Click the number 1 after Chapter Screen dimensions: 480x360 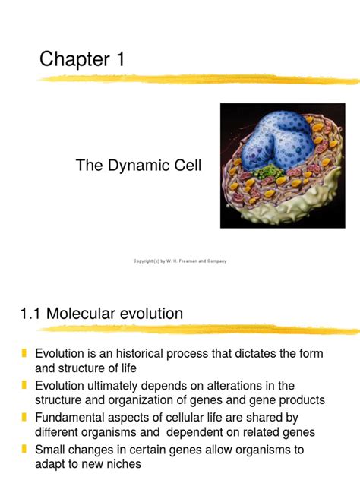119,59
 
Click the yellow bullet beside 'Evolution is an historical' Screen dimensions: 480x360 24,354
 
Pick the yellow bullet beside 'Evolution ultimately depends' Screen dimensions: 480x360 24,386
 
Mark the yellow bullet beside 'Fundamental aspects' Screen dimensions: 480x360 24,418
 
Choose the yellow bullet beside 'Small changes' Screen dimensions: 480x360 24,450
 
